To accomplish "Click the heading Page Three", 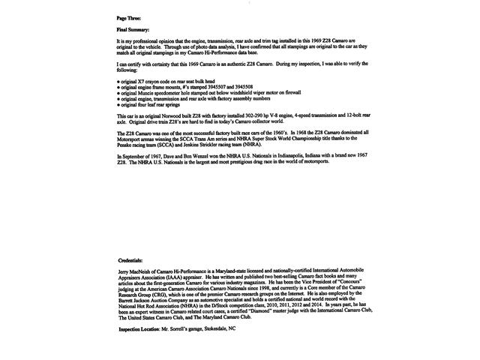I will click(x=129, y=16).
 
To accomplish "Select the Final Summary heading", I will click(x=133, y=28).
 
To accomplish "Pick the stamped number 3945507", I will click(x=217, y=85).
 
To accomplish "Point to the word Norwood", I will click(x=159, y=116).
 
